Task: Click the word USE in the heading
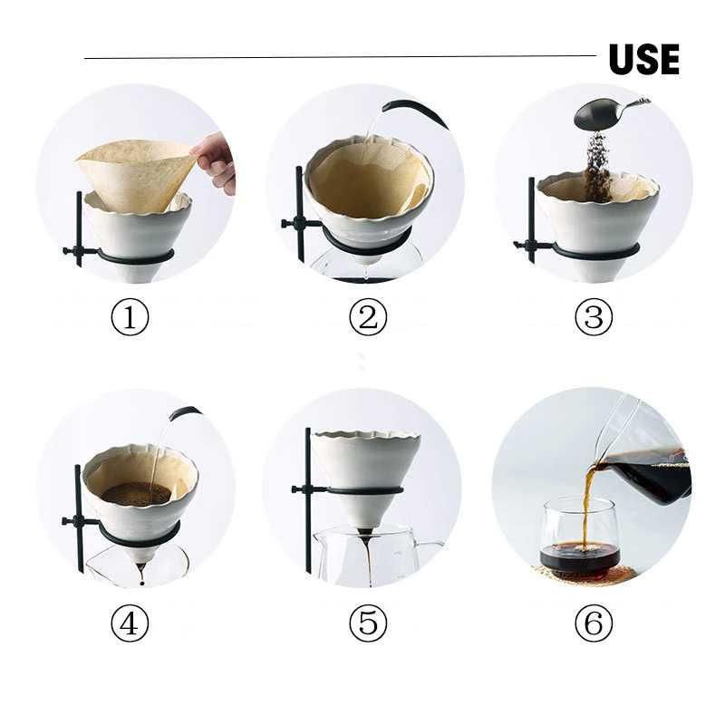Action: click(x=643, y=60)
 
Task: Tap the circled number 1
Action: click(x=130, y=317)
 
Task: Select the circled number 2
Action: click(x=368, y=317)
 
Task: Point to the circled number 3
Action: click(x=594, y=317)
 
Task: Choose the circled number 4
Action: click(x=130, y=623)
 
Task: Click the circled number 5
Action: click(x=368, y=623)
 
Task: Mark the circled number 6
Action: click(x=594, y=623)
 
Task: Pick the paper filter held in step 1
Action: click(x=136, y=172)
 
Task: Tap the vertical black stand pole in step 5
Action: click(x=308, y=507)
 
